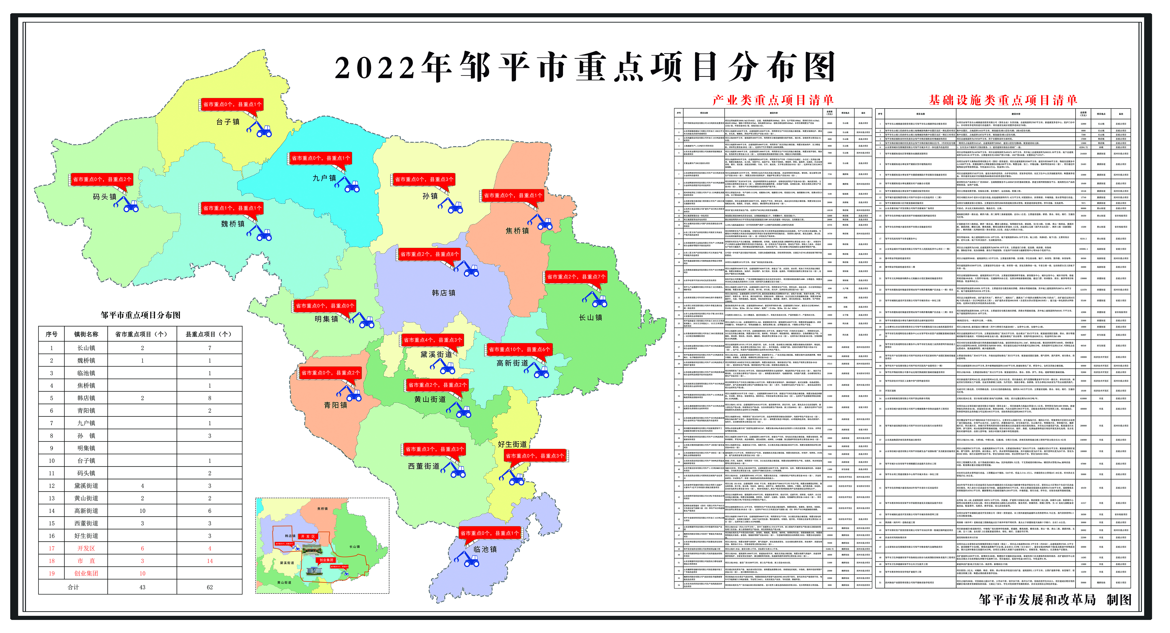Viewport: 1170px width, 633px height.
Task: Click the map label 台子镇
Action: (228, 122)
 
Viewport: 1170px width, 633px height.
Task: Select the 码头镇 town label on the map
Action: (104, 197)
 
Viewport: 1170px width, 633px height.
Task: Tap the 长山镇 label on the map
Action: (590, 317)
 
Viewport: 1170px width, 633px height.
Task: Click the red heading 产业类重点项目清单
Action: (773, 100)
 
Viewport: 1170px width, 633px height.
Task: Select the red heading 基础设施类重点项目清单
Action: (1003, 100)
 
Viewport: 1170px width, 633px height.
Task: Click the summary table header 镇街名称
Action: (86, 334)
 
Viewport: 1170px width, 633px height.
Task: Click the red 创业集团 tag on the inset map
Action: (326, 560)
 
